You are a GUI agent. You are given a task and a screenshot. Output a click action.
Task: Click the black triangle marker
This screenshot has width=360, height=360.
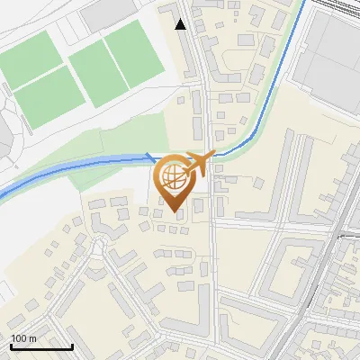(181, 24)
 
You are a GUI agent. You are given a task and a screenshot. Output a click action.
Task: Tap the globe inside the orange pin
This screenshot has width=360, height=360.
(174, 177)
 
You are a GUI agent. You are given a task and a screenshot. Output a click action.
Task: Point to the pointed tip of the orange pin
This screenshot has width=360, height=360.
(174, 212)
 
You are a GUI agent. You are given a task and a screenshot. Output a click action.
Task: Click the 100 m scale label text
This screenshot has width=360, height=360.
(24, 338)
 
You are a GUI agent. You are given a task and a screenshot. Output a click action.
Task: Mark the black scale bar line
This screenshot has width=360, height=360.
(41, 346)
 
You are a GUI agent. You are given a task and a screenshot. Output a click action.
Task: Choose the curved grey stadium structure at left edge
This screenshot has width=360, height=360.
(7, 135)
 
